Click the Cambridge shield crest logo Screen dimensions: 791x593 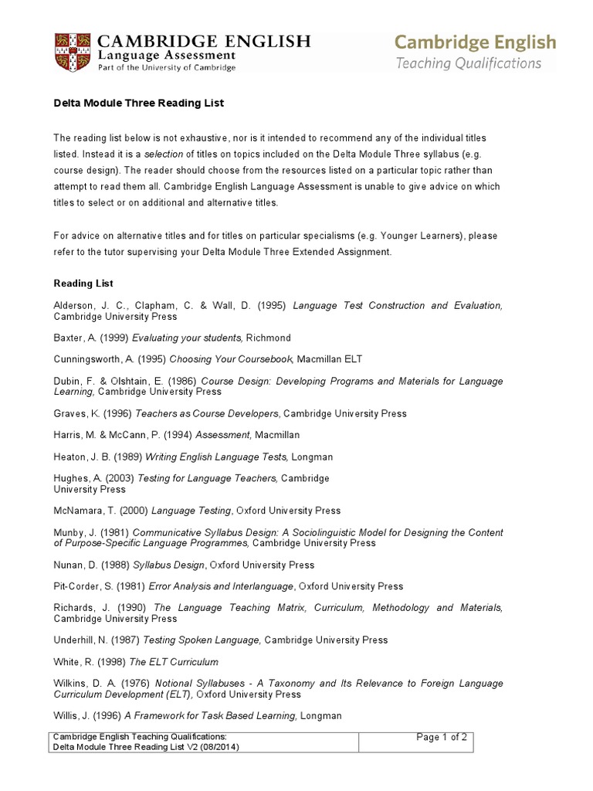click(70, 52)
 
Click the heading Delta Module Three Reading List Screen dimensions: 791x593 click(139, 103)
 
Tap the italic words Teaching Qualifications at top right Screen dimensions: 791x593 click(469, 63)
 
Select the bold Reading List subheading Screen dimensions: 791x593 click(83, 283)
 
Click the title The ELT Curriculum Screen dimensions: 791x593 click(174, 662)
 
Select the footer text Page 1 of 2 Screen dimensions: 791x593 click(442, 737)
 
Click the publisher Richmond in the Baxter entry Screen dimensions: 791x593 click(269, 338)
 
